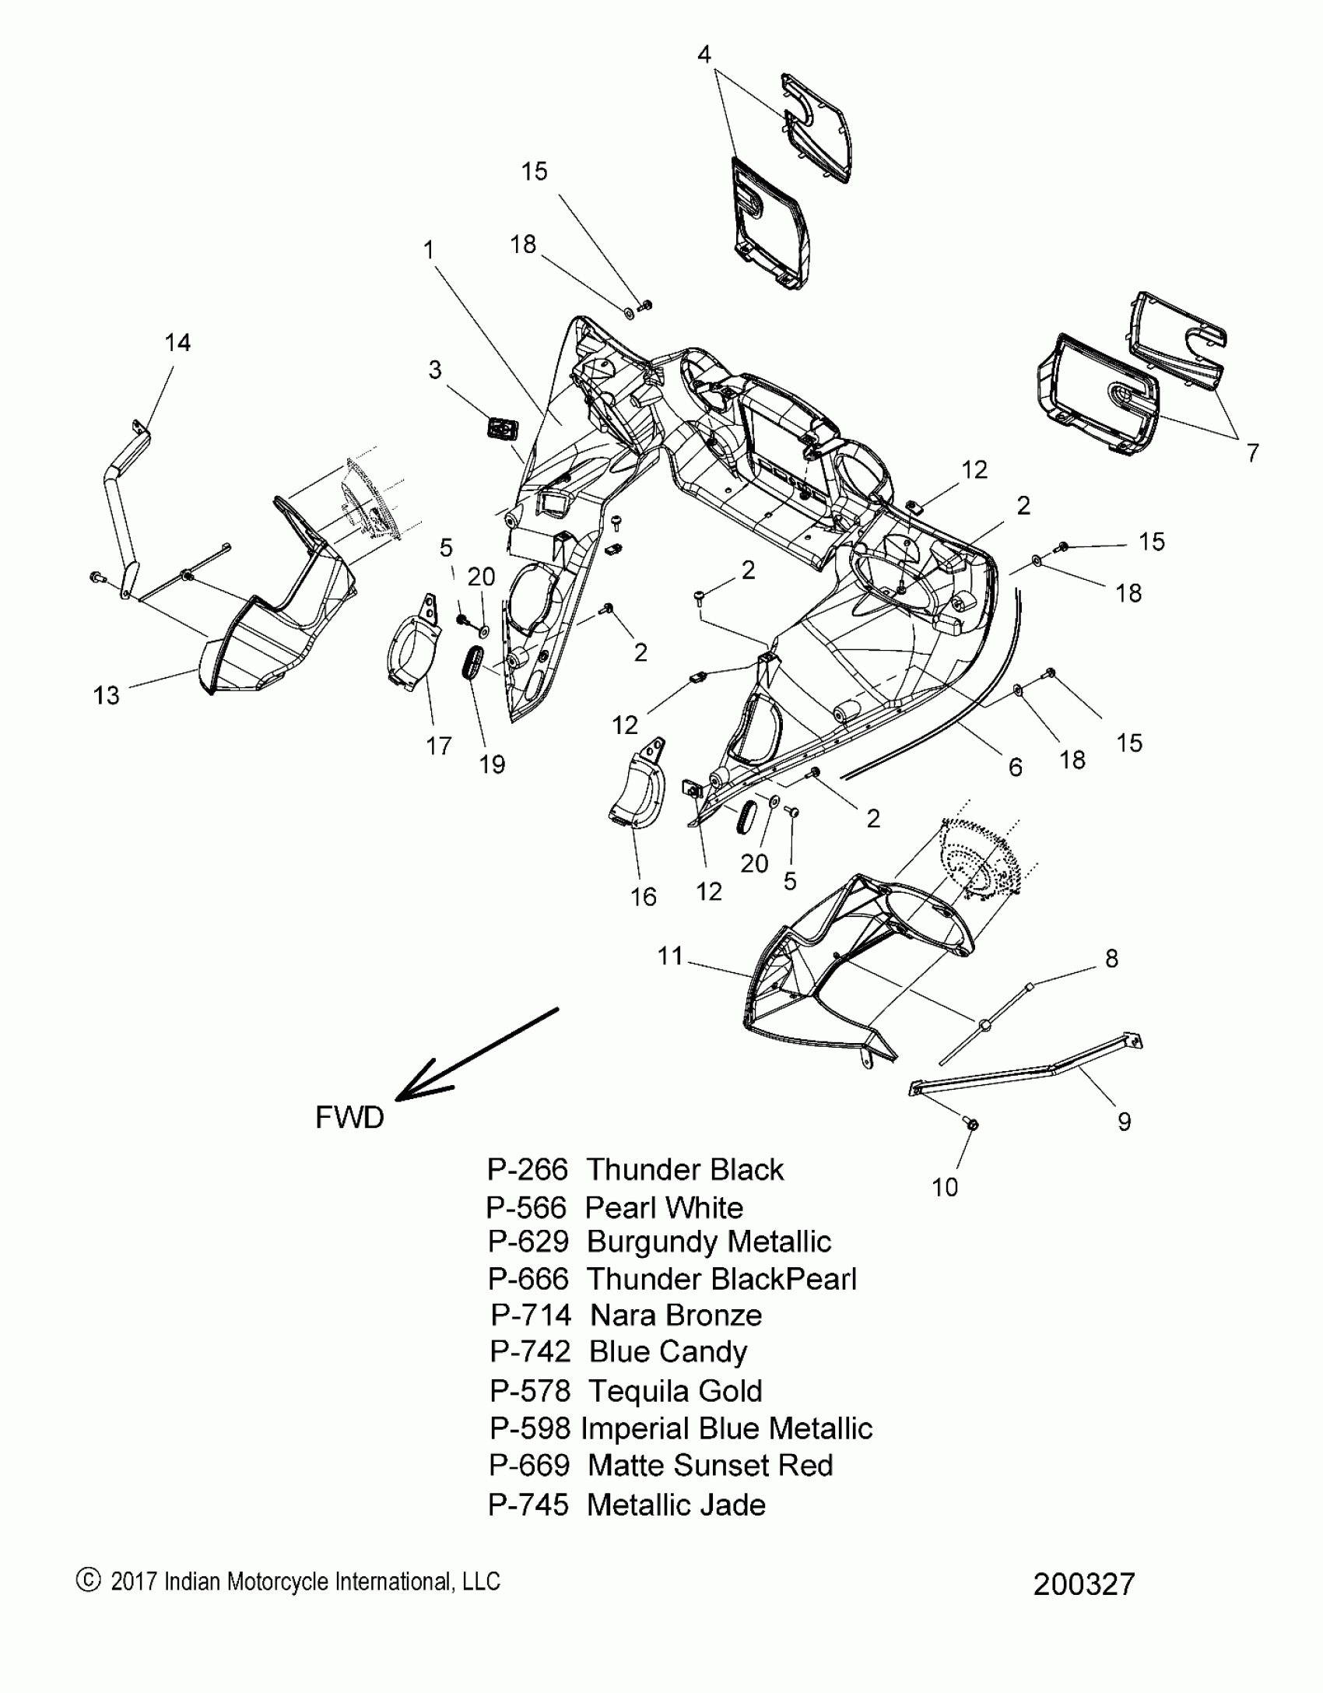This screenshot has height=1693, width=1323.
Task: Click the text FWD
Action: pos(349,1118)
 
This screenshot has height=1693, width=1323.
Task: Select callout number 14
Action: pos(177,342)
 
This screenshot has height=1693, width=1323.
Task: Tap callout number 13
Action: pos(107,695)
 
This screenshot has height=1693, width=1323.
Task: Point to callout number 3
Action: pos(435,370)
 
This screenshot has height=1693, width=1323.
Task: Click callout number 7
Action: pos(1252,453)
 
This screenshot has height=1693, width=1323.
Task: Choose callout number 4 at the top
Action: pos(704,54)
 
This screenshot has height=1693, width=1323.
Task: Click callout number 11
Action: pos(670,956)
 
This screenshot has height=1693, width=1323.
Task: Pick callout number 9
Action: pos(1124,1122)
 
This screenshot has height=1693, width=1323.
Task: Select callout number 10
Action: pos(945,1187)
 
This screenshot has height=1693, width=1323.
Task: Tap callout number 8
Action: pos(1111,959)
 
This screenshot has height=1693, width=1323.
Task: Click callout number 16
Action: pos(644,897)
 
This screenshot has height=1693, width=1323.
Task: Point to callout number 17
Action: pos(439,746)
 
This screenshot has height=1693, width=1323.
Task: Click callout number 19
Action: pos(492,764)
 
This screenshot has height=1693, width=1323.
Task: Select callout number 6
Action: pos(1016,767)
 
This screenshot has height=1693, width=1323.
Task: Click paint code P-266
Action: pos(528,1170)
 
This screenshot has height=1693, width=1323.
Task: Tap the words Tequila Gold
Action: pos(675,1391)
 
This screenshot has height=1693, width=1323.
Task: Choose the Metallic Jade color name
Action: pos(676,1505)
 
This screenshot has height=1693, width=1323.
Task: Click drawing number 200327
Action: pos(1084,1584)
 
